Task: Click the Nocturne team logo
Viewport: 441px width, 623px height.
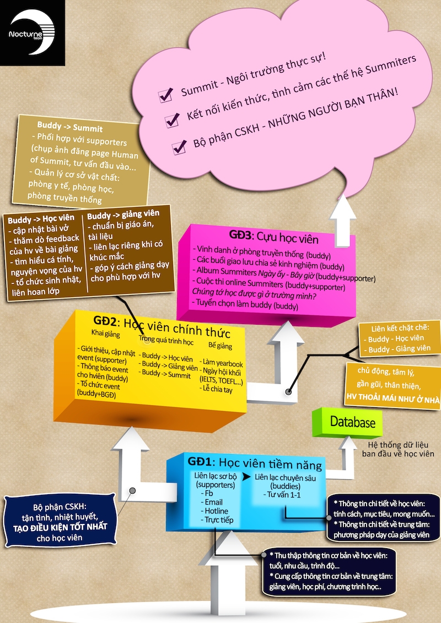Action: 32,33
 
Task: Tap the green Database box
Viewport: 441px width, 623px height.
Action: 347,422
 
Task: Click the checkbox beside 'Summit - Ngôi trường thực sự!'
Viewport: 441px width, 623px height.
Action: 165,95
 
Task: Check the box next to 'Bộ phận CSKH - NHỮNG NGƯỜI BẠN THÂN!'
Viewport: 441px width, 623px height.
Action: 179,147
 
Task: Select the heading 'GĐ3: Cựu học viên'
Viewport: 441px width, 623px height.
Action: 274,237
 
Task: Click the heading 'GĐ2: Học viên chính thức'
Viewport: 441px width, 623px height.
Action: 162,326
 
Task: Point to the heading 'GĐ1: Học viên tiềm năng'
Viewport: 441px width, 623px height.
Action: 255,463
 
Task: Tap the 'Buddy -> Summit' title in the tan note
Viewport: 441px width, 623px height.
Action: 69,127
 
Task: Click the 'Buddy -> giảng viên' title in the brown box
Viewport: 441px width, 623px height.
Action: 123,215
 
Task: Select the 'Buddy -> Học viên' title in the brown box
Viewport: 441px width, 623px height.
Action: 41,219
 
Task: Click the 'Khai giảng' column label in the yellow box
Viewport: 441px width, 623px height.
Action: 105,333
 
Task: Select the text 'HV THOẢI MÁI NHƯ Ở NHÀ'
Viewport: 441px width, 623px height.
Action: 393,398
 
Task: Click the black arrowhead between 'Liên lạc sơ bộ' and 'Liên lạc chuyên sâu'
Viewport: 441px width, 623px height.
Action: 247,477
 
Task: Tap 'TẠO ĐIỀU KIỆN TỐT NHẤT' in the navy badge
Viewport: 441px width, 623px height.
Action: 60,527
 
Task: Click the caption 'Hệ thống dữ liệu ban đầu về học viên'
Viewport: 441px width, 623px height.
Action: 398,449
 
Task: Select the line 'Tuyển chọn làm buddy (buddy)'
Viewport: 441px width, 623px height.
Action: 245,304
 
